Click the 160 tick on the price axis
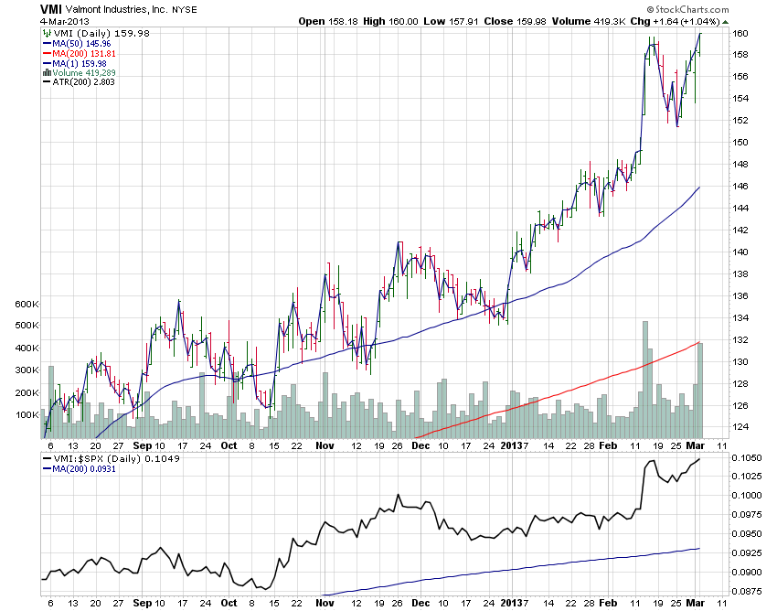pos(740,33)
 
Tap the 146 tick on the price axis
pos(740,187)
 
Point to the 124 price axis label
pos(740,427)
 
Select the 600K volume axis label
pos(25,304)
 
